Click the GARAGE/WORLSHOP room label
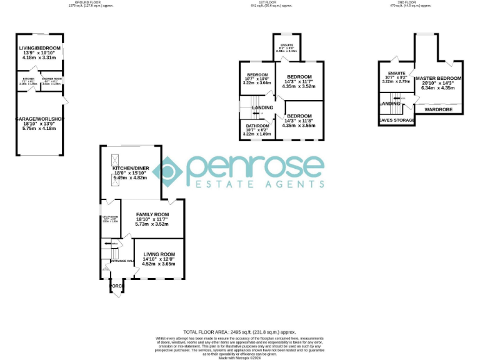coord(40,119)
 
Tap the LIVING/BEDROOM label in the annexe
coord(39,48)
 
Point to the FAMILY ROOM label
coord(152,214)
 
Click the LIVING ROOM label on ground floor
coord(159,254)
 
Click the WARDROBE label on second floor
coord(438,109)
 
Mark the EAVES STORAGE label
coord(397,120)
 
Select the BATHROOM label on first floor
coord(256,125)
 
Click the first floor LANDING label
coord(262,107)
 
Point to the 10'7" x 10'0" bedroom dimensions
coord(256,79)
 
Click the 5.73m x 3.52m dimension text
coord(152,224)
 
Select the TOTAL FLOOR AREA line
coord(239,332)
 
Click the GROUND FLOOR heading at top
coord(88,2)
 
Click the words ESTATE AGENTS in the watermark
coord(257,184)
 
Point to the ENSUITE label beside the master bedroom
coord(396,72)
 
